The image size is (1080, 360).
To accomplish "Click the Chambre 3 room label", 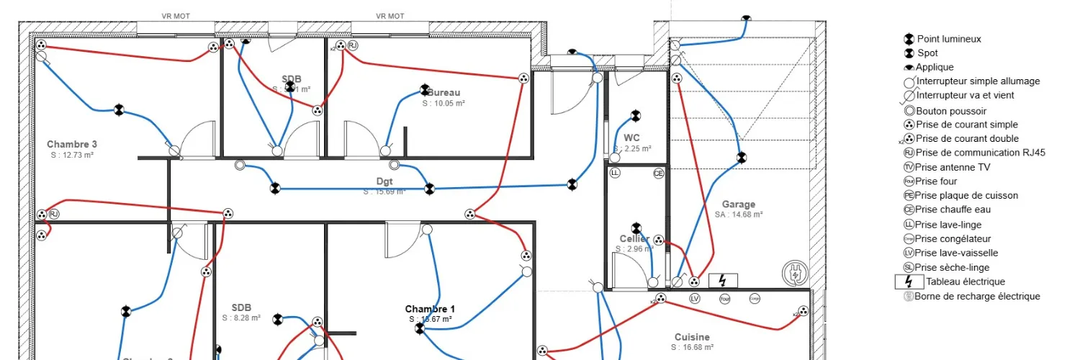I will [72, 144].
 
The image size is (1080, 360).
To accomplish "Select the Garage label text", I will [739, 204].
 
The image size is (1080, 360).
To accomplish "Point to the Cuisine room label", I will [692, 337].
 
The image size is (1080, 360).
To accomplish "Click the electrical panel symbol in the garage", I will [723, 281].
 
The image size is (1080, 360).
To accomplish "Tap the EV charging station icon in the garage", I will [796, 273].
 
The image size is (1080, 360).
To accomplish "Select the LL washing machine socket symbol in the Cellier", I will [615, 174].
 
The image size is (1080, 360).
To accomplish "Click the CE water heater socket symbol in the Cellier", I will [658, 174].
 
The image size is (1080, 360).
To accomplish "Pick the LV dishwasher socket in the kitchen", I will [695, 298].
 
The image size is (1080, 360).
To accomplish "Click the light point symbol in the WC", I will [635, 115].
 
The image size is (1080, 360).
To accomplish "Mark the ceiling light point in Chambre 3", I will [120, 109].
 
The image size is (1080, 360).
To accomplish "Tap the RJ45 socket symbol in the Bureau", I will [353, 46].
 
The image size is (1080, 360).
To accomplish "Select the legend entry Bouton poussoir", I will [950, 111].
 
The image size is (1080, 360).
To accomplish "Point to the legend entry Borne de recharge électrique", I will [976, 296].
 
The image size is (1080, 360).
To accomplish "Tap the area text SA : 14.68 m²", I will [739, 215].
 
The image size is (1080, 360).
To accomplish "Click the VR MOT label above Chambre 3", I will [176, 16].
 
